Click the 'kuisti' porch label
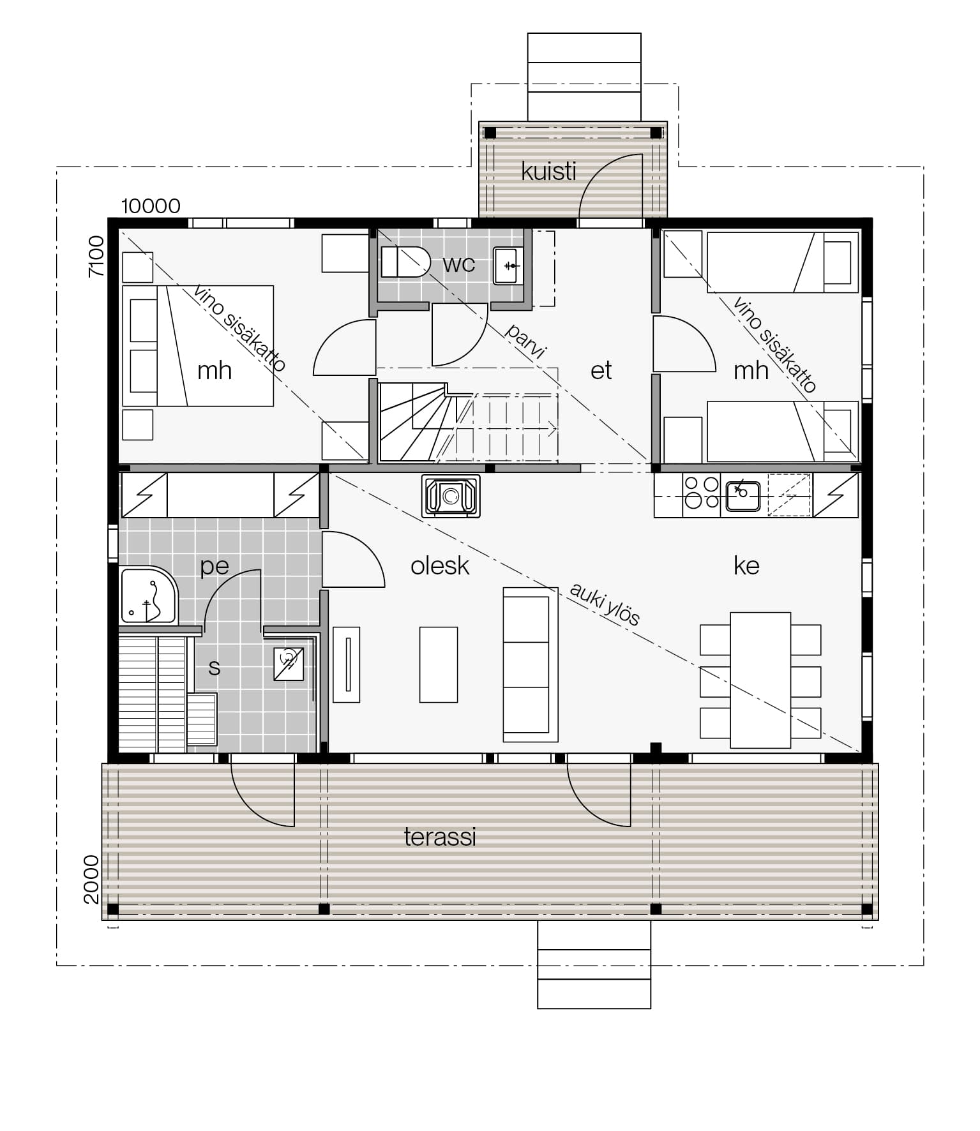pyautogui.click(x=548, y=171)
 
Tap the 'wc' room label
pyautogui.click(x=458, y=264)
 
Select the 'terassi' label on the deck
pyautogui.click(x=440, y=837)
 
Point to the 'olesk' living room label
pyautogui.click(x=440, y=565)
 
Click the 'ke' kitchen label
pyautogui.click(x=746, y=565)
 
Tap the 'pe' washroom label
pyautogui.click(x=215, y=567)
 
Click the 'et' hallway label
pyautogui.click(x=601, y=370)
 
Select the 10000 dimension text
pyautogui.click(x=151, y=206)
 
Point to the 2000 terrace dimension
pyautogui.click(x=91, y=880)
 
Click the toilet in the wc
pyautogui.click(x=405, y=262)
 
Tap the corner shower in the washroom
pyautogui.click(x=149, y=595)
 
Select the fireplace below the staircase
pyautogui.click(x=451, y=495)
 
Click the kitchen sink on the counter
pyautogui.click(x=743, y=496)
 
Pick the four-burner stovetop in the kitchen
pyautogui.click(x=701, y=493)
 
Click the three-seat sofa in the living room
pyautogui.click(x=531, y=664)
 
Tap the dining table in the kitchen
pyautogui.click(x=760, y=680)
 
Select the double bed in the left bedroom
pyautogui.click(x=198, y=346)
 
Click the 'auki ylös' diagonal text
pyautogui.click(x=604, y=604)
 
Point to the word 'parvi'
pyautogui.click(x=525, y=341)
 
